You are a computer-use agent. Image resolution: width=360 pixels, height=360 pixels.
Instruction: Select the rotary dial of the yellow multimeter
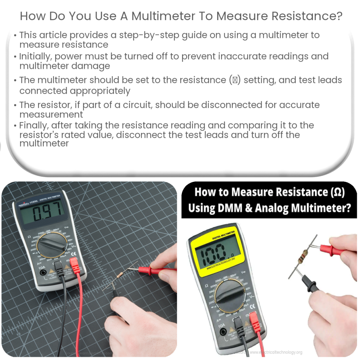pos(230,295)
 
